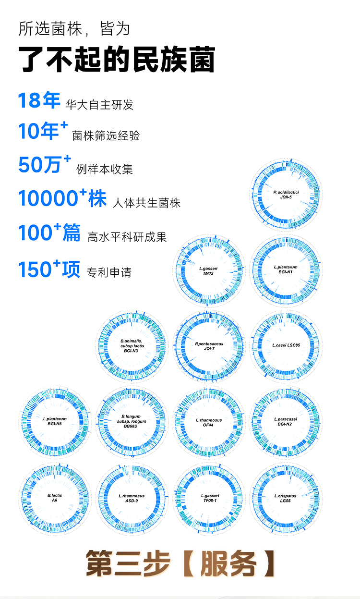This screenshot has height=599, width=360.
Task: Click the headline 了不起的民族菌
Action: [x=117, y=60]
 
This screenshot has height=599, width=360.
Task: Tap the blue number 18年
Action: [x=39, y=101]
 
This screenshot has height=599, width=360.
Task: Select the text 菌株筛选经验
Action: [x=106, y=135]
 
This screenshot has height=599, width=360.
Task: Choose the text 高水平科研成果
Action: [x=127, y=237]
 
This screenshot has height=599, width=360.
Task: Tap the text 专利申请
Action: [x=109, y=273]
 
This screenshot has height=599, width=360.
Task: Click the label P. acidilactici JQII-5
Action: [x=286, y=194]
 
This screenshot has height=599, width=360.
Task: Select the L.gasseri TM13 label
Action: [x=208, y=270]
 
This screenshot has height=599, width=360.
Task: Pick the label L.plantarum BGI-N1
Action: [x=286, y=269]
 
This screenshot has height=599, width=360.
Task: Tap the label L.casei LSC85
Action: [x=286, y=345]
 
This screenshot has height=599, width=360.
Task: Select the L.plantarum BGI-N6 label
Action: [x=55, y=421]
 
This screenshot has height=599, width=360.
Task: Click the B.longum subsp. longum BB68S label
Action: [x=132, y=421]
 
